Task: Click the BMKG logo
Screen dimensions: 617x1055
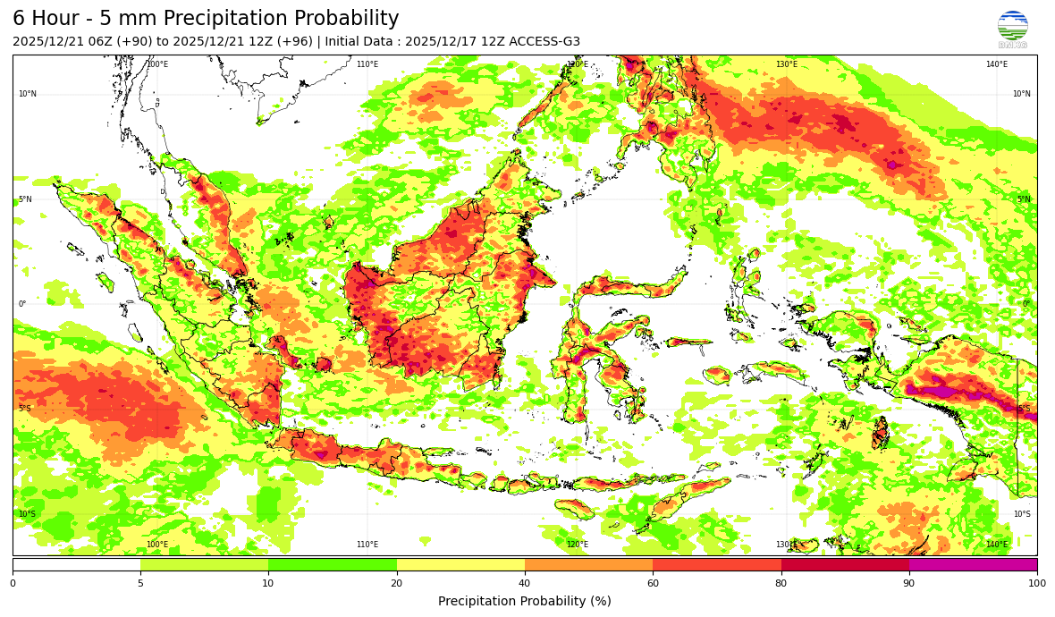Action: [x=1012, y=29]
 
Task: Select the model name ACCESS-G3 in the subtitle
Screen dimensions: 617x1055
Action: [x=544, y=42]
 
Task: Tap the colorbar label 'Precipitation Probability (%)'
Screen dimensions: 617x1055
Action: [x=525, y=601]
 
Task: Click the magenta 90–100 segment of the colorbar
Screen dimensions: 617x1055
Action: [x=973, y=565]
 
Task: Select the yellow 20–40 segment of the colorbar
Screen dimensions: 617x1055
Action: [x=460, y=565]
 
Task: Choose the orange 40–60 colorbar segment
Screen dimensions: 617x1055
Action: [x=588, y=565]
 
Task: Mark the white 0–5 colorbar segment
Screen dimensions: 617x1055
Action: [x=76, y=565]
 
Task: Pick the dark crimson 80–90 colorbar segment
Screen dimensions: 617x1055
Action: [x=845, y=565]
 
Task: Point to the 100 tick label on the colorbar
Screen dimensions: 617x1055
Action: [x=1036, y=583]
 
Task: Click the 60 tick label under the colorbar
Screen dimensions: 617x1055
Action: [x=653, y=583]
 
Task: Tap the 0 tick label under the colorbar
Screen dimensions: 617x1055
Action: [x=13, y=583]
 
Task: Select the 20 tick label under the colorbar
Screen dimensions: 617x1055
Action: [x=396, y=583]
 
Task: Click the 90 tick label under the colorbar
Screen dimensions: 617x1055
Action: [x=909, y=583]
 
